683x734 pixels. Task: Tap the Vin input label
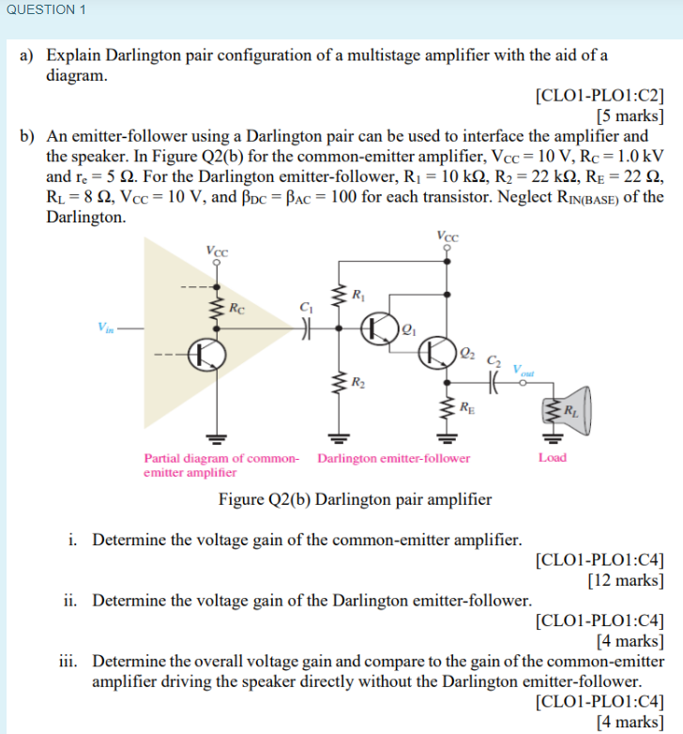point(104,327)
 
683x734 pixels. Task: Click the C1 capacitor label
point(305,306)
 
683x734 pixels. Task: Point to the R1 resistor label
point(357,297)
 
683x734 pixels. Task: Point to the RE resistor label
point(467,406)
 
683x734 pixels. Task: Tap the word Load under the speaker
point(553,457)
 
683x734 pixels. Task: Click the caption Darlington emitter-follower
point(394,458)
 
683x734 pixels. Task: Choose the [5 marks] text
point(630,116)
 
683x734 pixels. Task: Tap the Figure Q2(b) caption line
point(355,498)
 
